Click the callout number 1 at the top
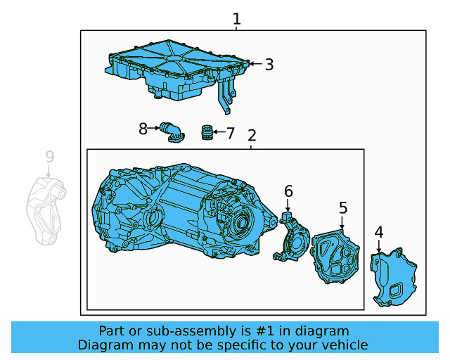[237, 19]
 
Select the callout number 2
[252, 136]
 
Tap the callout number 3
[269, 65]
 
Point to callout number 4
[379, 232]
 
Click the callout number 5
[343, 207]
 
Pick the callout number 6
[288, 191]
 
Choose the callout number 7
[230, 132]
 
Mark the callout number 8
[143, 129]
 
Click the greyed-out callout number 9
[49, 156]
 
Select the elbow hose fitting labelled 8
[171, 132]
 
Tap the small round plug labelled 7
[207, 132]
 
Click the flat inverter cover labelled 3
[176, 67]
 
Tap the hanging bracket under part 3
[225, 97]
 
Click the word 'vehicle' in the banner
[345, 345]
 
